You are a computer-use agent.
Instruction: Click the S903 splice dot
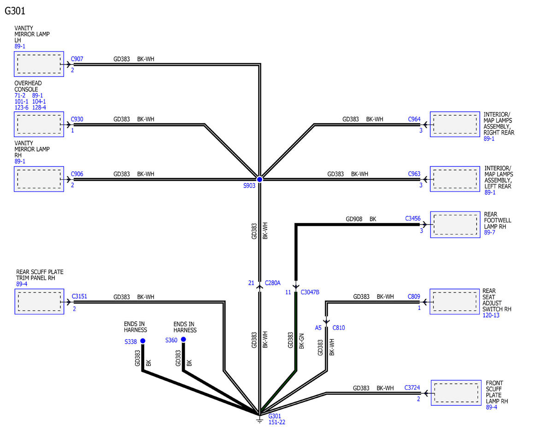[259, 179]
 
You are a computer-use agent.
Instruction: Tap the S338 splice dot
[143, 340]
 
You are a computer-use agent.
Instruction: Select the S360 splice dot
[183, 339]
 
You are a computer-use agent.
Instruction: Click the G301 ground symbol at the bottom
[259, 419]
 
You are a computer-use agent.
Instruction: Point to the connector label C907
[77, 59]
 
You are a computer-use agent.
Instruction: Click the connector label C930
[77, 119]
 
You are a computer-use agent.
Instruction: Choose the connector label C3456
[413, 218]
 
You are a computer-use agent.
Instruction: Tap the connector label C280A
[272, 283]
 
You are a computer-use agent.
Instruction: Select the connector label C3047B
[310, 292]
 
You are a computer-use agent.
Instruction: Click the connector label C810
[339, 328]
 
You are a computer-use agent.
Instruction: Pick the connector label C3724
[412, 387]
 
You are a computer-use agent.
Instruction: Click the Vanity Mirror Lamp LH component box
[39, 64]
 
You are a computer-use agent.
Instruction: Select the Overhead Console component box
[39, 124]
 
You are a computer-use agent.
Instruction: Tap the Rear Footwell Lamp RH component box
[455, 225]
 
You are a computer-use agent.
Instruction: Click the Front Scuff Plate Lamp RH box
[456, 393]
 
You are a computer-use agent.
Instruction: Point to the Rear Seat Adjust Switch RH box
[455, 302]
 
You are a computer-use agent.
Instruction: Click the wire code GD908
[354, 219]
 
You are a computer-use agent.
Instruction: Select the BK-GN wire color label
[301, 341]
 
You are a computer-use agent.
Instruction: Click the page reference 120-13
[491, 316]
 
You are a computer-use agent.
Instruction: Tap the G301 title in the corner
[15, 11]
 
